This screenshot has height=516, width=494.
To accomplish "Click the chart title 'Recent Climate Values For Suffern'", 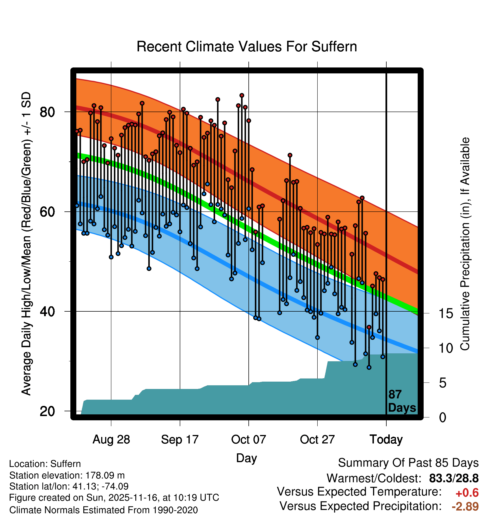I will tap(247, 47).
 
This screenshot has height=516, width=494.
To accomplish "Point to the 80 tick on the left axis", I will tap(47, 112).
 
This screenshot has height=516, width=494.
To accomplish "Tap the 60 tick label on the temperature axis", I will tap(47, 212).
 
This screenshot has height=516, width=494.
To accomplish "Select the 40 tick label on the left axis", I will tap(47, 311).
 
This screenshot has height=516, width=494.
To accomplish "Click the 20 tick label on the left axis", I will tap(47, 411).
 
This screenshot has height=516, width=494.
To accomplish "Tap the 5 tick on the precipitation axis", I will tap(443, 383).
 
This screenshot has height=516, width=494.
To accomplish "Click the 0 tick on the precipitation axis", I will tap(443, 417).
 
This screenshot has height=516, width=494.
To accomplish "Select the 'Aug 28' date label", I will tap(111, 440).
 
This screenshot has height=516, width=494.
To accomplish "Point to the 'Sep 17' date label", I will tap(180, 440).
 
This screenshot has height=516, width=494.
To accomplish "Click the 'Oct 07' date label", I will tap(248, 440).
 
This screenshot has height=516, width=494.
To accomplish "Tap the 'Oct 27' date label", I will tap(317, 440).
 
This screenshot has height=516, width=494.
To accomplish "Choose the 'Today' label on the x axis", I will tap(386, 440).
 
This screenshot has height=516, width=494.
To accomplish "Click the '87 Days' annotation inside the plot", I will tap(402, 401).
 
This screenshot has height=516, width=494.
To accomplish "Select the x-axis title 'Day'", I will tap(246, 458).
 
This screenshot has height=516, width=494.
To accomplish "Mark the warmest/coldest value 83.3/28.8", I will tap(454, 478).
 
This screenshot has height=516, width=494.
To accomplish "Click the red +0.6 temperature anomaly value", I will tap(467, 493).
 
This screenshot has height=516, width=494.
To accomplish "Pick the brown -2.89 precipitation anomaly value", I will tap(465, 506).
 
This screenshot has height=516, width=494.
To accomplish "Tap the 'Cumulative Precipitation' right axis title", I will tap(465, 244).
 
